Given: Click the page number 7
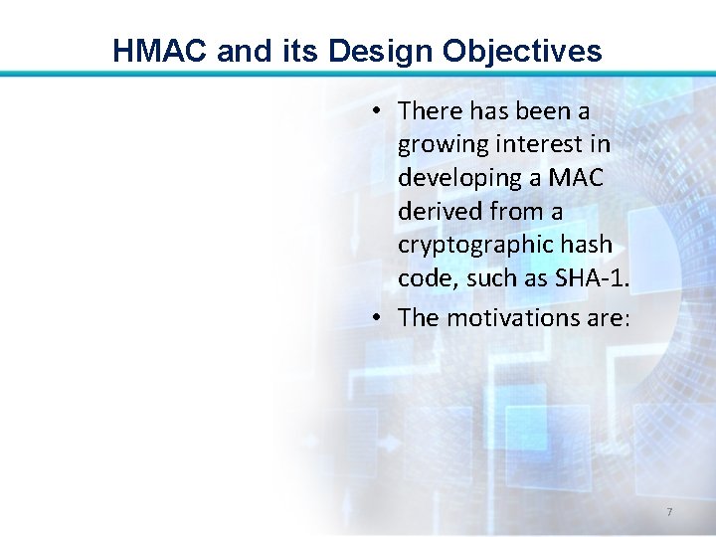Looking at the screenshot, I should click(669, 512).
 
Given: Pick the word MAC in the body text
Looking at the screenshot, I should click(574, 178).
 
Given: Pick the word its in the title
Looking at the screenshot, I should click(284, 51).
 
